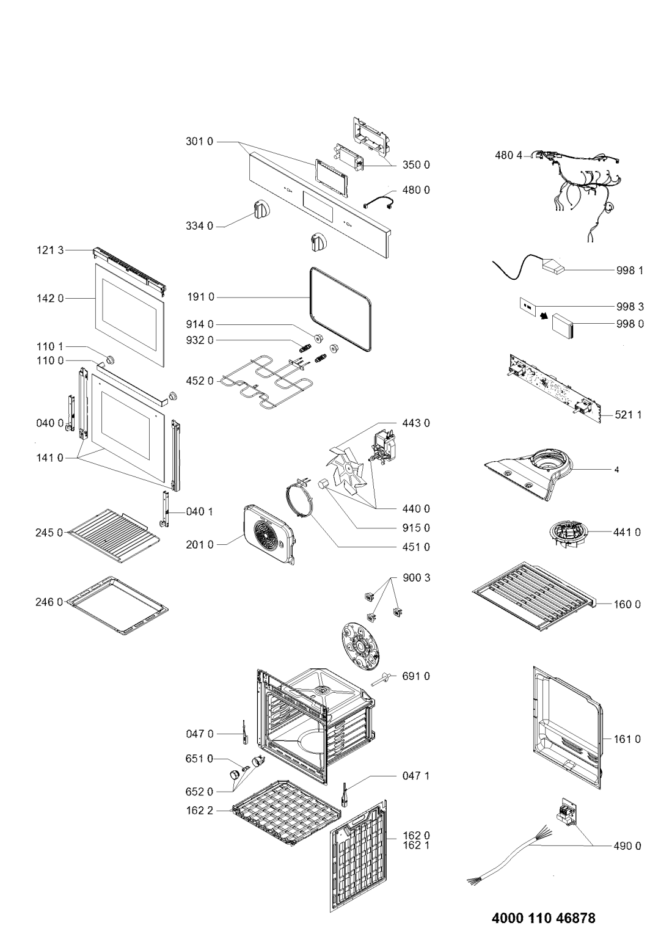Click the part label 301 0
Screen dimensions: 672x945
coord(199,142)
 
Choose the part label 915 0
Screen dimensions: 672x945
coord(416,528)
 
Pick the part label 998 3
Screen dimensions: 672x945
coord(630,306)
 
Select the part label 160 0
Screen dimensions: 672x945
coord(627,604)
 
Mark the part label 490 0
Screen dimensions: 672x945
coord(627,845)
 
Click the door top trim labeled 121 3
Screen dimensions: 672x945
coord(130,271)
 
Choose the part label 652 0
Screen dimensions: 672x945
coord(199,792)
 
